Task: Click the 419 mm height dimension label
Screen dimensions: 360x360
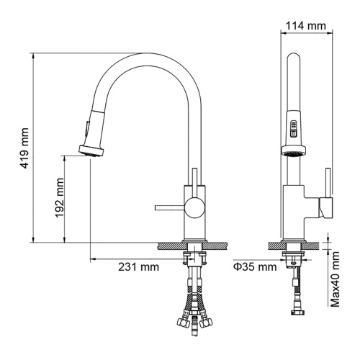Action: (x=24, y=148)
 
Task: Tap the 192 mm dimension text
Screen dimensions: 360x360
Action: (x=60, y=198)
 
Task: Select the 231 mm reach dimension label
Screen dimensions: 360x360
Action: (x=138, y=266)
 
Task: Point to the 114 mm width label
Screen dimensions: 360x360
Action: (x=306, y=25)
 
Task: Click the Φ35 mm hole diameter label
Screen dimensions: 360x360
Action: (x=255, y=266)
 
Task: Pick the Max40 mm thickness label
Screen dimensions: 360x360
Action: (x=335, y=279)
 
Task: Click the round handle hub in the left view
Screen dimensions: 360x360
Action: (x=195, y=207)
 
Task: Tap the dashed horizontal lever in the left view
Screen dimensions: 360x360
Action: (x=170, y=207)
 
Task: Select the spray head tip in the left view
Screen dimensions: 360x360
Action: (x=91, y=150)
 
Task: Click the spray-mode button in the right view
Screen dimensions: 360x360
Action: (x=294, y=129)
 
